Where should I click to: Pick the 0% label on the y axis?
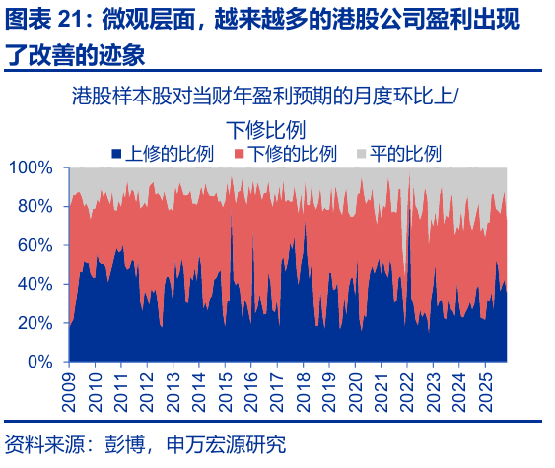click(40, 362)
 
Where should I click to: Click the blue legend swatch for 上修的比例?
click(117, 154)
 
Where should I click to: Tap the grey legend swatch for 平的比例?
click(360, 154)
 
